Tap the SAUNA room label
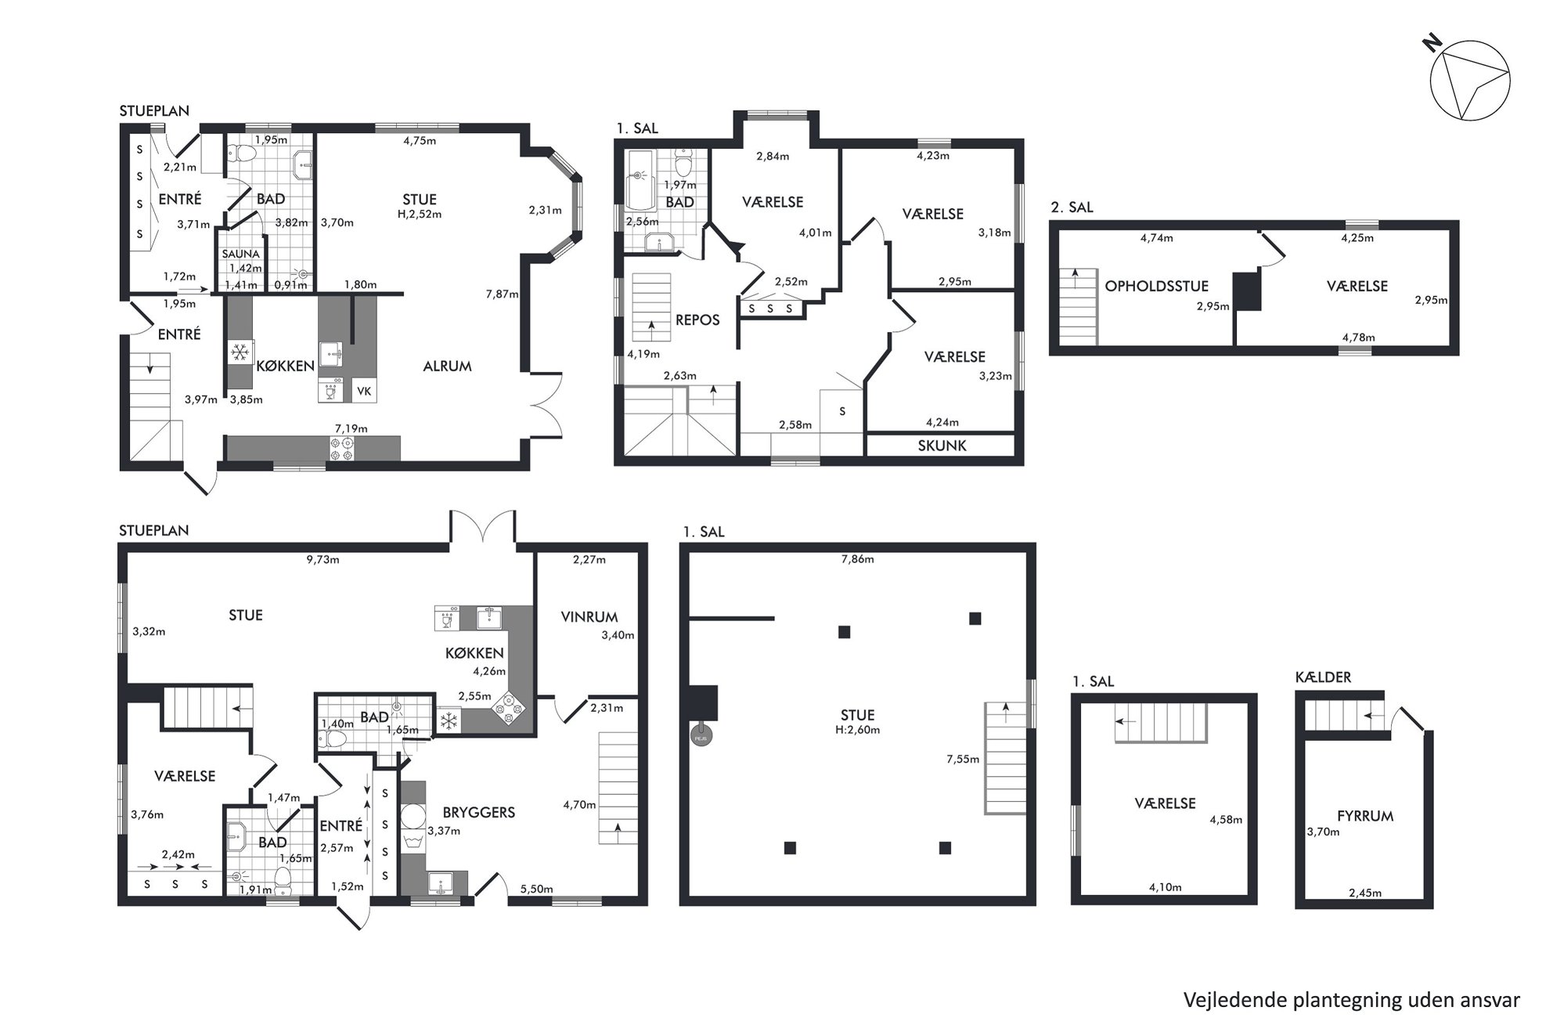[x=240, y=254]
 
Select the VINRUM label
[x=589, y=617]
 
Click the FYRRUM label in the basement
[x=1365, y=816]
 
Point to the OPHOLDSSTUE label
[x=1156, y=287]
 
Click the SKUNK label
[x=942, y=446]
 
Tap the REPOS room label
[x=697, y=320]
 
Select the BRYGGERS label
[x=478, y=813]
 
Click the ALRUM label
[x=447, y=366]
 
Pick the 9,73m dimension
[x=322, y=560]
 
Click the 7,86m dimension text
[x=857, y=559]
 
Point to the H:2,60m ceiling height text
[x=857, y=730]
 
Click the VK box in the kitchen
[x=364, y=391]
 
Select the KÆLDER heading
[x=1323, y=677]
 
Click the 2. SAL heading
[x=1072, y=208]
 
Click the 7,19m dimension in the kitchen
[x=351, y=428]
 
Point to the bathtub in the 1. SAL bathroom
[x=640, y=181]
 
